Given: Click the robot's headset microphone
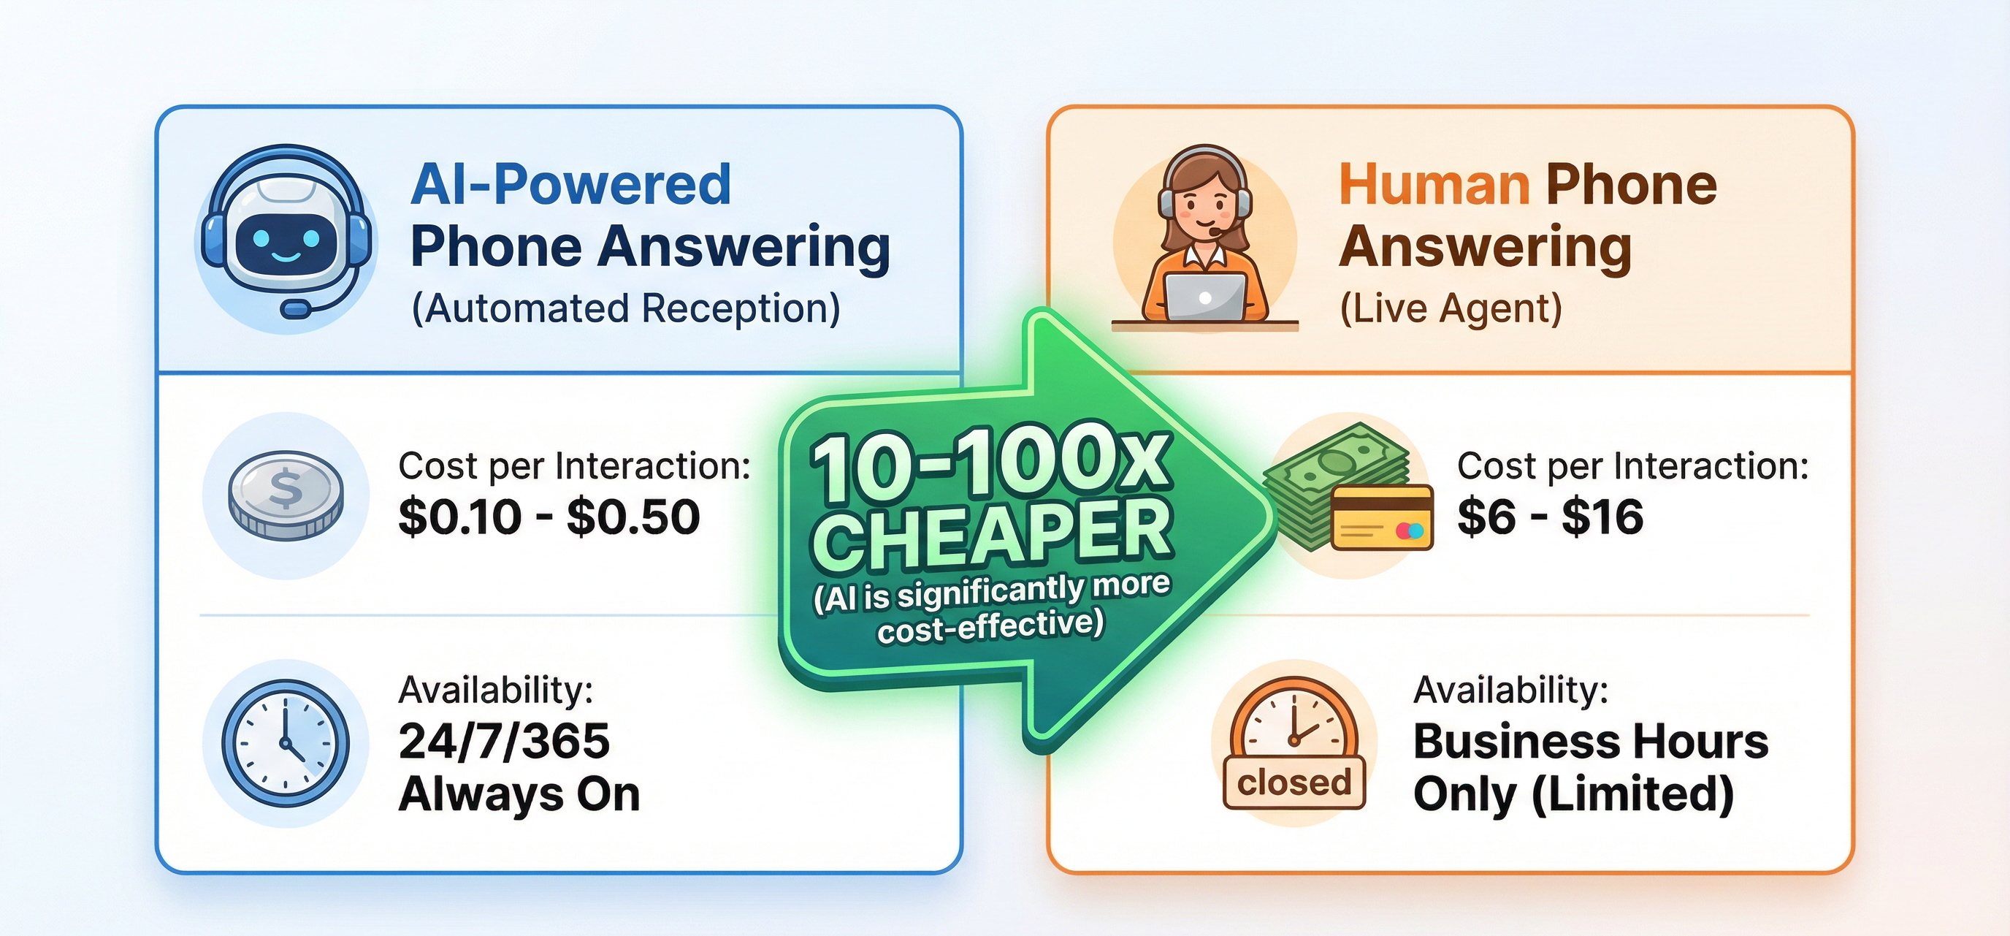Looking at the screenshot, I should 295,310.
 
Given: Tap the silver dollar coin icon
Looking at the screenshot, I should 286,496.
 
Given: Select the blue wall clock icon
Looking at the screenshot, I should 286,743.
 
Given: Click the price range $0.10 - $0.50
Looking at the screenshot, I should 549,517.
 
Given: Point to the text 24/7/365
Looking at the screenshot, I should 504,741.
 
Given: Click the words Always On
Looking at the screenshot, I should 519,795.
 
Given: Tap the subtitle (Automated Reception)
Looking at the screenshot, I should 625,308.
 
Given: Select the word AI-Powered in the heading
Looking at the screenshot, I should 570,185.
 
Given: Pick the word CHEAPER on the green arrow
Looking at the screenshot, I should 993,534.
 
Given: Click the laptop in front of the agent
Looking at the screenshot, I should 1204,297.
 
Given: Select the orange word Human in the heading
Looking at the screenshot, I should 1434,185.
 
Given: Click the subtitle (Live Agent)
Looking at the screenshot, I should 1451,308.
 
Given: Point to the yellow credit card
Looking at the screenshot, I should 1382,517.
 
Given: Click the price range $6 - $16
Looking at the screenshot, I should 1550,517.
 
